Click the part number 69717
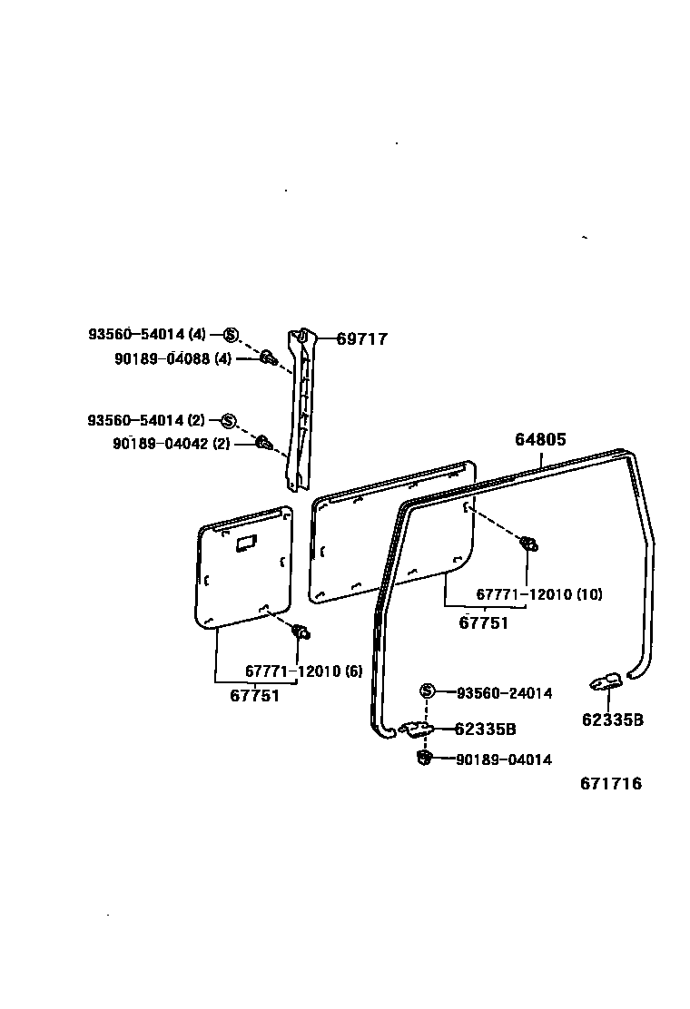pos(361,339)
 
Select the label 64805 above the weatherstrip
pos(540,440)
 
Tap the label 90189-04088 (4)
pos(173,359)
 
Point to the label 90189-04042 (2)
pos(172,444)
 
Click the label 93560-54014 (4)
pos(147,334)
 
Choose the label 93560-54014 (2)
pos(146,420)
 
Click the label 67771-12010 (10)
pos(539,594)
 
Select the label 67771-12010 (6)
pos(303,671)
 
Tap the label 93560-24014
pos(504,693)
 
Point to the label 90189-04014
pos(504,760)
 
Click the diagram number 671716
pos(611,784)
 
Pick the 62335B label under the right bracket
pos(613,720)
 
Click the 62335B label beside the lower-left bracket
pos(485,729)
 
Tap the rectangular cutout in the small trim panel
pos(246,543)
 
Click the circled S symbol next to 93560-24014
pos(428,692)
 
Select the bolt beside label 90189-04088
pos(269,358)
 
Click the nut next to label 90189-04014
pos(424,758)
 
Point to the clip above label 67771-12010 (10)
pos(527,544)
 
